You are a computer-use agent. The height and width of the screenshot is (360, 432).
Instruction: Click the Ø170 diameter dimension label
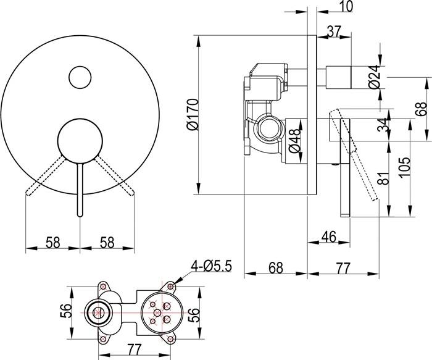coord(192,114)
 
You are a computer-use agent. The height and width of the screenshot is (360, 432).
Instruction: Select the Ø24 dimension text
coord(375,77)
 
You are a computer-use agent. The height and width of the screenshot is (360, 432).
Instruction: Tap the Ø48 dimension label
coord(294,141)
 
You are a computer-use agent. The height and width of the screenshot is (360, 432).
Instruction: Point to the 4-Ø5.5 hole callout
coord(212,266)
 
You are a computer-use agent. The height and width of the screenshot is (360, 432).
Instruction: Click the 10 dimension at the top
coord(345,6)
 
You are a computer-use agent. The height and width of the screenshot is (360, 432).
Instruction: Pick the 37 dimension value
coord(334,31)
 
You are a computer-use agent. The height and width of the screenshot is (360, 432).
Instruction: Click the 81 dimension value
coord(383,178)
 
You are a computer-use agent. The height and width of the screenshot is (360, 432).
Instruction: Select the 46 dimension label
coord(329,237)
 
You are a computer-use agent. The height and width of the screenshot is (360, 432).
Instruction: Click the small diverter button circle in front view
coord(80,77)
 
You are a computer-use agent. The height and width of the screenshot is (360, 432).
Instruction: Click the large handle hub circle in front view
coord(80,141)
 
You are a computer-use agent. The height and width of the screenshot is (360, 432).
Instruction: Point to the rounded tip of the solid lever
coord(80,214)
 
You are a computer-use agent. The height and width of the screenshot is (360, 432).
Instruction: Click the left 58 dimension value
coord(52,243)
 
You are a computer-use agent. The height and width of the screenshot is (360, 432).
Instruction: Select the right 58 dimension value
coord(107,243)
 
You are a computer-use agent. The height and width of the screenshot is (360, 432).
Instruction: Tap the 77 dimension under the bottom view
coord(134,350)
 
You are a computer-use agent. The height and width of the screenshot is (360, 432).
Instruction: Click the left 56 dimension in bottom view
coord(65,311)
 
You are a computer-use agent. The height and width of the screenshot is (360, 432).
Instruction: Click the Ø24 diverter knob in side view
coord(339,77)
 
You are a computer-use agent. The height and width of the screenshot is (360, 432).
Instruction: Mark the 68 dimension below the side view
coord(276,267)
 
